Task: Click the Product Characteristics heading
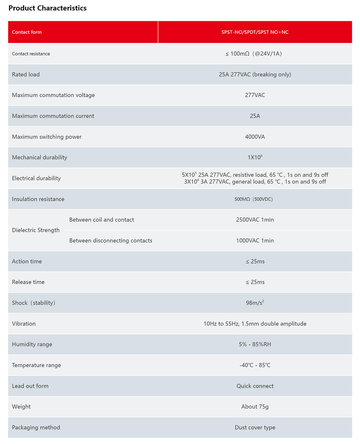(47, 8)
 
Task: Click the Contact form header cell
(27, 32)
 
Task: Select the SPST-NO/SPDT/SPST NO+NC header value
(255, 32)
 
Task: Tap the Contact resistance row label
(31, 54)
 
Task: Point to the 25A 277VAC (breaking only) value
(255, 74)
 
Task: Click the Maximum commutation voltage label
(53, 95)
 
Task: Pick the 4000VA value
(255, 137)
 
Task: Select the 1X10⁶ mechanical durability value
(255, 157)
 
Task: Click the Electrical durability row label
(36, 178)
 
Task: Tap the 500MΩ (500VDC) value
(253, 199)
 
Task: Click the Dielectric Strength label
(36, 230)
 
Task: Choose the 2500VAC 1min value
(255, 220)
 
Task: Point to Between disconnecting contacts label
(111, 241)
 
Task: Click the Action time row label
(27, 261)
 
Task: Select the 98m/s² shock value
(255, 303)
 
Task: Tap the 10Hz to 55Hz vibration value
(255, 324)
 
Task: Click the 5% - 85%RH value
(255, 344)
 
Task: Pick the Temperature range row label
(36, 365)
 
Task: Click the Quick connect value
(255, 386)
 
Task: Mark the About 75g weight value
(255, 407)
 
